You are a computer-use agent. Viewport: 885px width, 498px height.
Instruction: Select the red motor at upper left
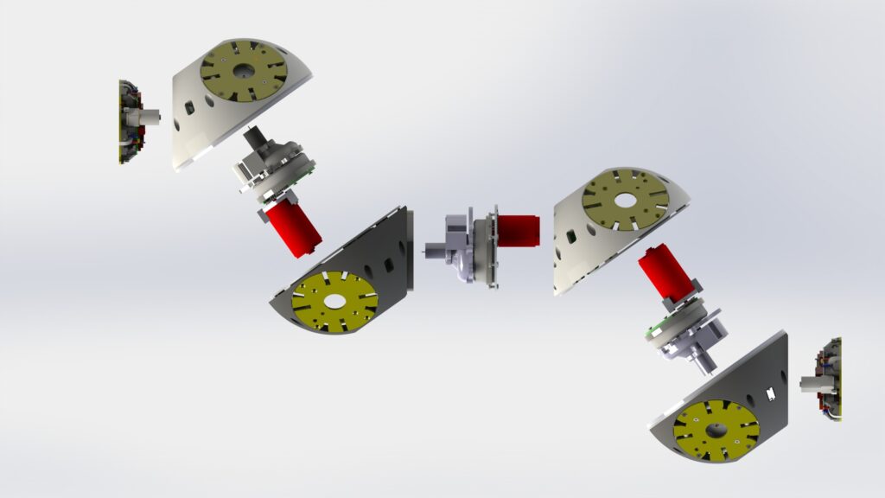(295, 230)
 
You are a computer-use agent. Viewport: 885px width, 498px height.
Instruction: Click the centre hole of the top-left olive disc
(243, 70)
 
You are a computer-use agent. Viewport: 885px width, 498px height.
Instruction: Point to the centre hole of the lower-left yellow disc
(334, 302)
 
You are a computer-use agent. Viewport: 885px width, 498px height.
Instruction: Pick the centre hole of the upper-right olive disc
(624, 200)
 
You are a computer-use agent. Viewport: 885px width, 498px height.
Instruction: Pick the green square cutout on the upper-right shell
(570, 235)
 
